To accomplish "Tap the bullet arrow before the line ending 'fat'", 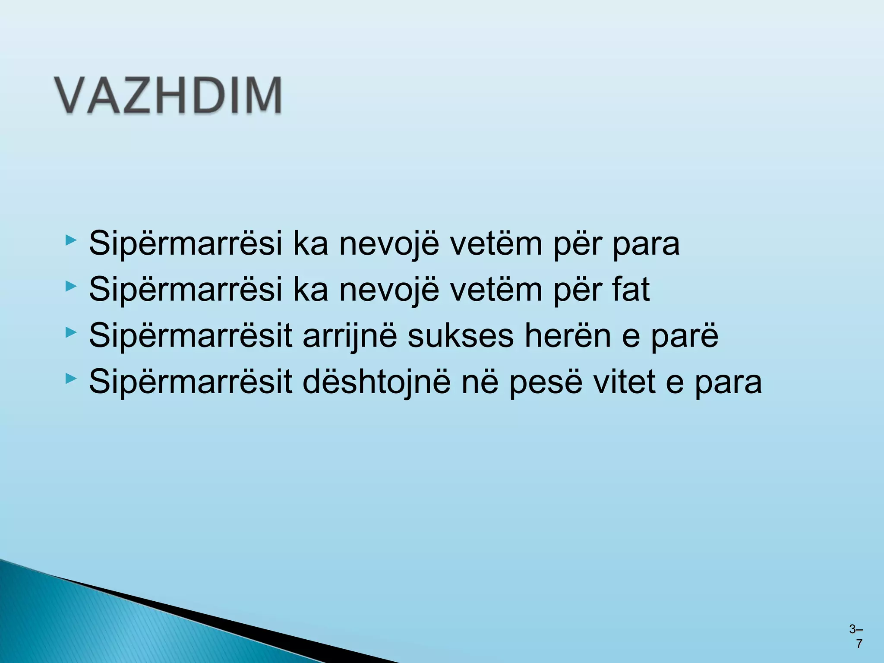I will [x=71, y=286].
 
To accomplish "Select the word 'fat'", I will [x=631, y=289].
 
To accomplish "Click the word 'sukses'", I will [x=460, y=335].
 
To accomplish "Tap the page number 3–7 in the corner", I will [x=856, y=636].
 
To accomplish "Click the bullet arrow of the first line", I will [x=71, y=240].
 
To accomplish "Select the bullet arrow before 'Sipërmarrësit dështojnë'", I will [x=71, y=379].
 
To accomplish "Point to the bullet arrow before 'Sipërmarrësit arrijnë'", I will [x=71, y=332].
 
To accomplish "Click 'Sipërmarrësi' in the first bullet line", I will [x=185, y=244].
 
